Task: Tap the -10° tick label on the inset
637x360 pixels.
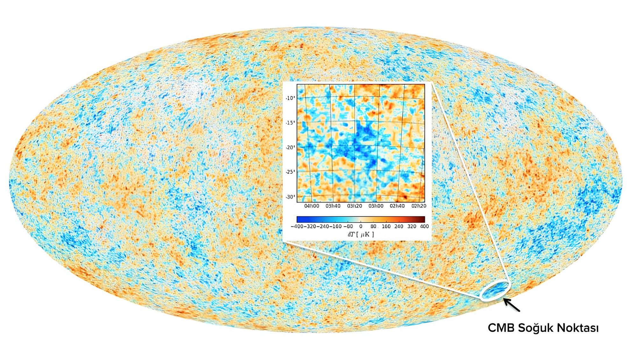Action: coord(290,98)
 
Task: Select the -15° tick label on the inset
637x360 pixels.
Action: coord(290,123)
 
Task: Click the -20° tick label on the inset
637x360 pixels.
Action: coord(290,148)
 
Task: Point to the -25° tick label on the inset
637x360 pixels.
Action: coord(290,172)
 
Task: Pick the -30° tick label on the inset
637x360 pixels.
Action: coord(290,197)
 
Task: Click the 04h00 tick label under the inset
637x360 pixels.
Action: coord(311,206)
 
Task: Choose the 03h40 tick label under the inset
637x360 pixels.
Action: coord(333,206)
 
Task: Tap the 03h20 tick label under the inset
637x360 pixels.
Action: coord(354,206)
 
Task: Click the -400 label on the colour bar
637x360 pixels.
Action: coord(297,227)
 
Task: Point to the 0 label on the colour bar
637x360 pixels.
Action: coord(361,227)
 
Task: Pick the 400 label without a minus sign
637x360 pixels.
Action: coord(425,227)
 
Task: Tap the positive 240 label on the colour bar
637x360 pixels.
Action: coord(399,227)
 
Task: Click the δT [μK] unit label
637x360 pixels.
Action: coord(361,234)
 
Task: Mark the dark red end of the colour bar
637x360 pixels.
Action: coord(423,219)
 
